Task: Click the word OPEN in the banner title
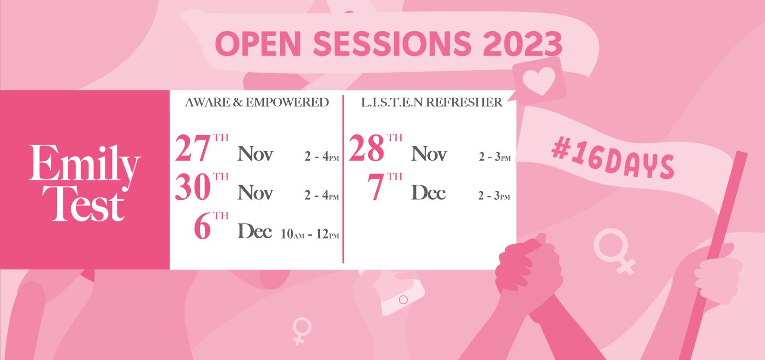(258, 44)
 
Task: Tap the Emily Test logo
(84, 183)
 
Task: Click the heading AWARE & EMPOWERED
(257, 102)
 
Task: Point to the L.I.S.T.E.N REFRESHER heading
(432, 102)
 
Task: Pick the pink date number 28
(367, 148)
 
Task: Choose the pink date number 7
(376, 187)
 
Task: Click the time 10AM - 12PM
(310, 234)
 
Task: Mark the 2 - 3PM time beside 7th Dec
(494, 196)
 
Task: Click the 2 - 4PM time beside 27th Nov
(322, 156)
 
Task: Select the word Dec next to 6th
(255, 231)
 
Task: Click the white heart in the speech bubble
(539, 81)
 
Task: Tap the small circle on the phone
(404, 300)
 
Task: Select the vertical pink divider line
(343, 179)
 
